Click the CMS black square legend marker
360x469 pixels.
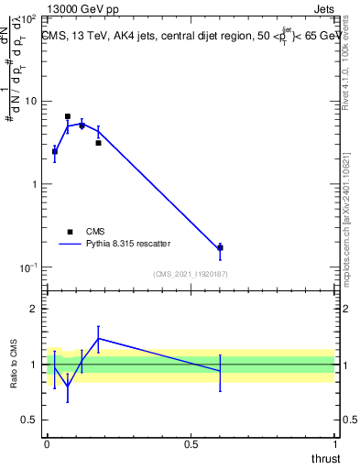[x=70, y=232]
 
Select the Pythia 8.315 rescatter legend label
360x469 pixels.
[x=131, y=245]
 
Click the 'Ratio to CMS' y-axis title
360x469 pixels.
[x=15, y=365]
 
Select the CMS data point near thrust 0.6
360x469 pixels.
[x=220, y=247]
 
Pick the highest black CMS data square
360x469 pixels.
[x=68, y=116]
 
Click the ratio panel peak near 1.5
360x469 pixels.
[x=98, y=338]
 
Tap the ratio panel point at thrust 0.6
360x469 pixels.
[x=220, y=371]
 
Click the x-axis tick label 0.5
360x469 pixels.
[x=191, y=444]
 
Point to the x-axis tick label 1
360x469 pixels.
[x=335, y=444]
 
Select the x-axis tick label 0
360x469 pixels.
[x=47, y=444]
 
